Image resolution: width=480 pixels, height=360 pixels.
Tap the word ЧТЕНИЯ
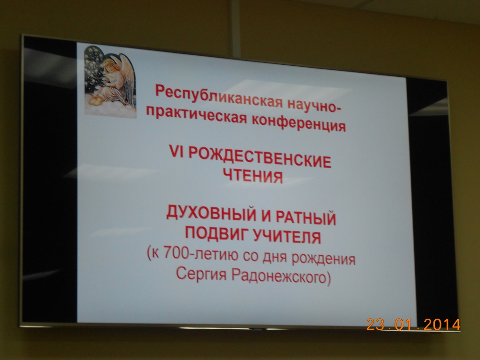(x=252, y=176)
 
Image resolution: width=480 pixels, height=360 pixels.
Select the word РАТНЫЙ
(x=306, y=218)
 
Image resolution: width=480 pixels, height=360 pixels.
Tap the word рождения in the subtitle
(x=323, y=258)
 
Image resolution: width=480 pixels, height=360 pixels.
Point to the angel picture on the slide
(x=110, y=81)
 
